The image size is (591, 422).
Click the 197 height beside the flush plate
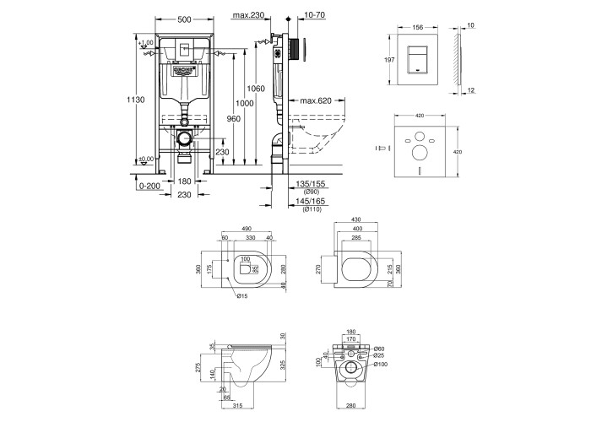pyautogui.click(x=390, y=62)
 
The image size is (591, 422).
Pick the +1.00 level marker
pyautogui.click(x=149, y=42)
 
